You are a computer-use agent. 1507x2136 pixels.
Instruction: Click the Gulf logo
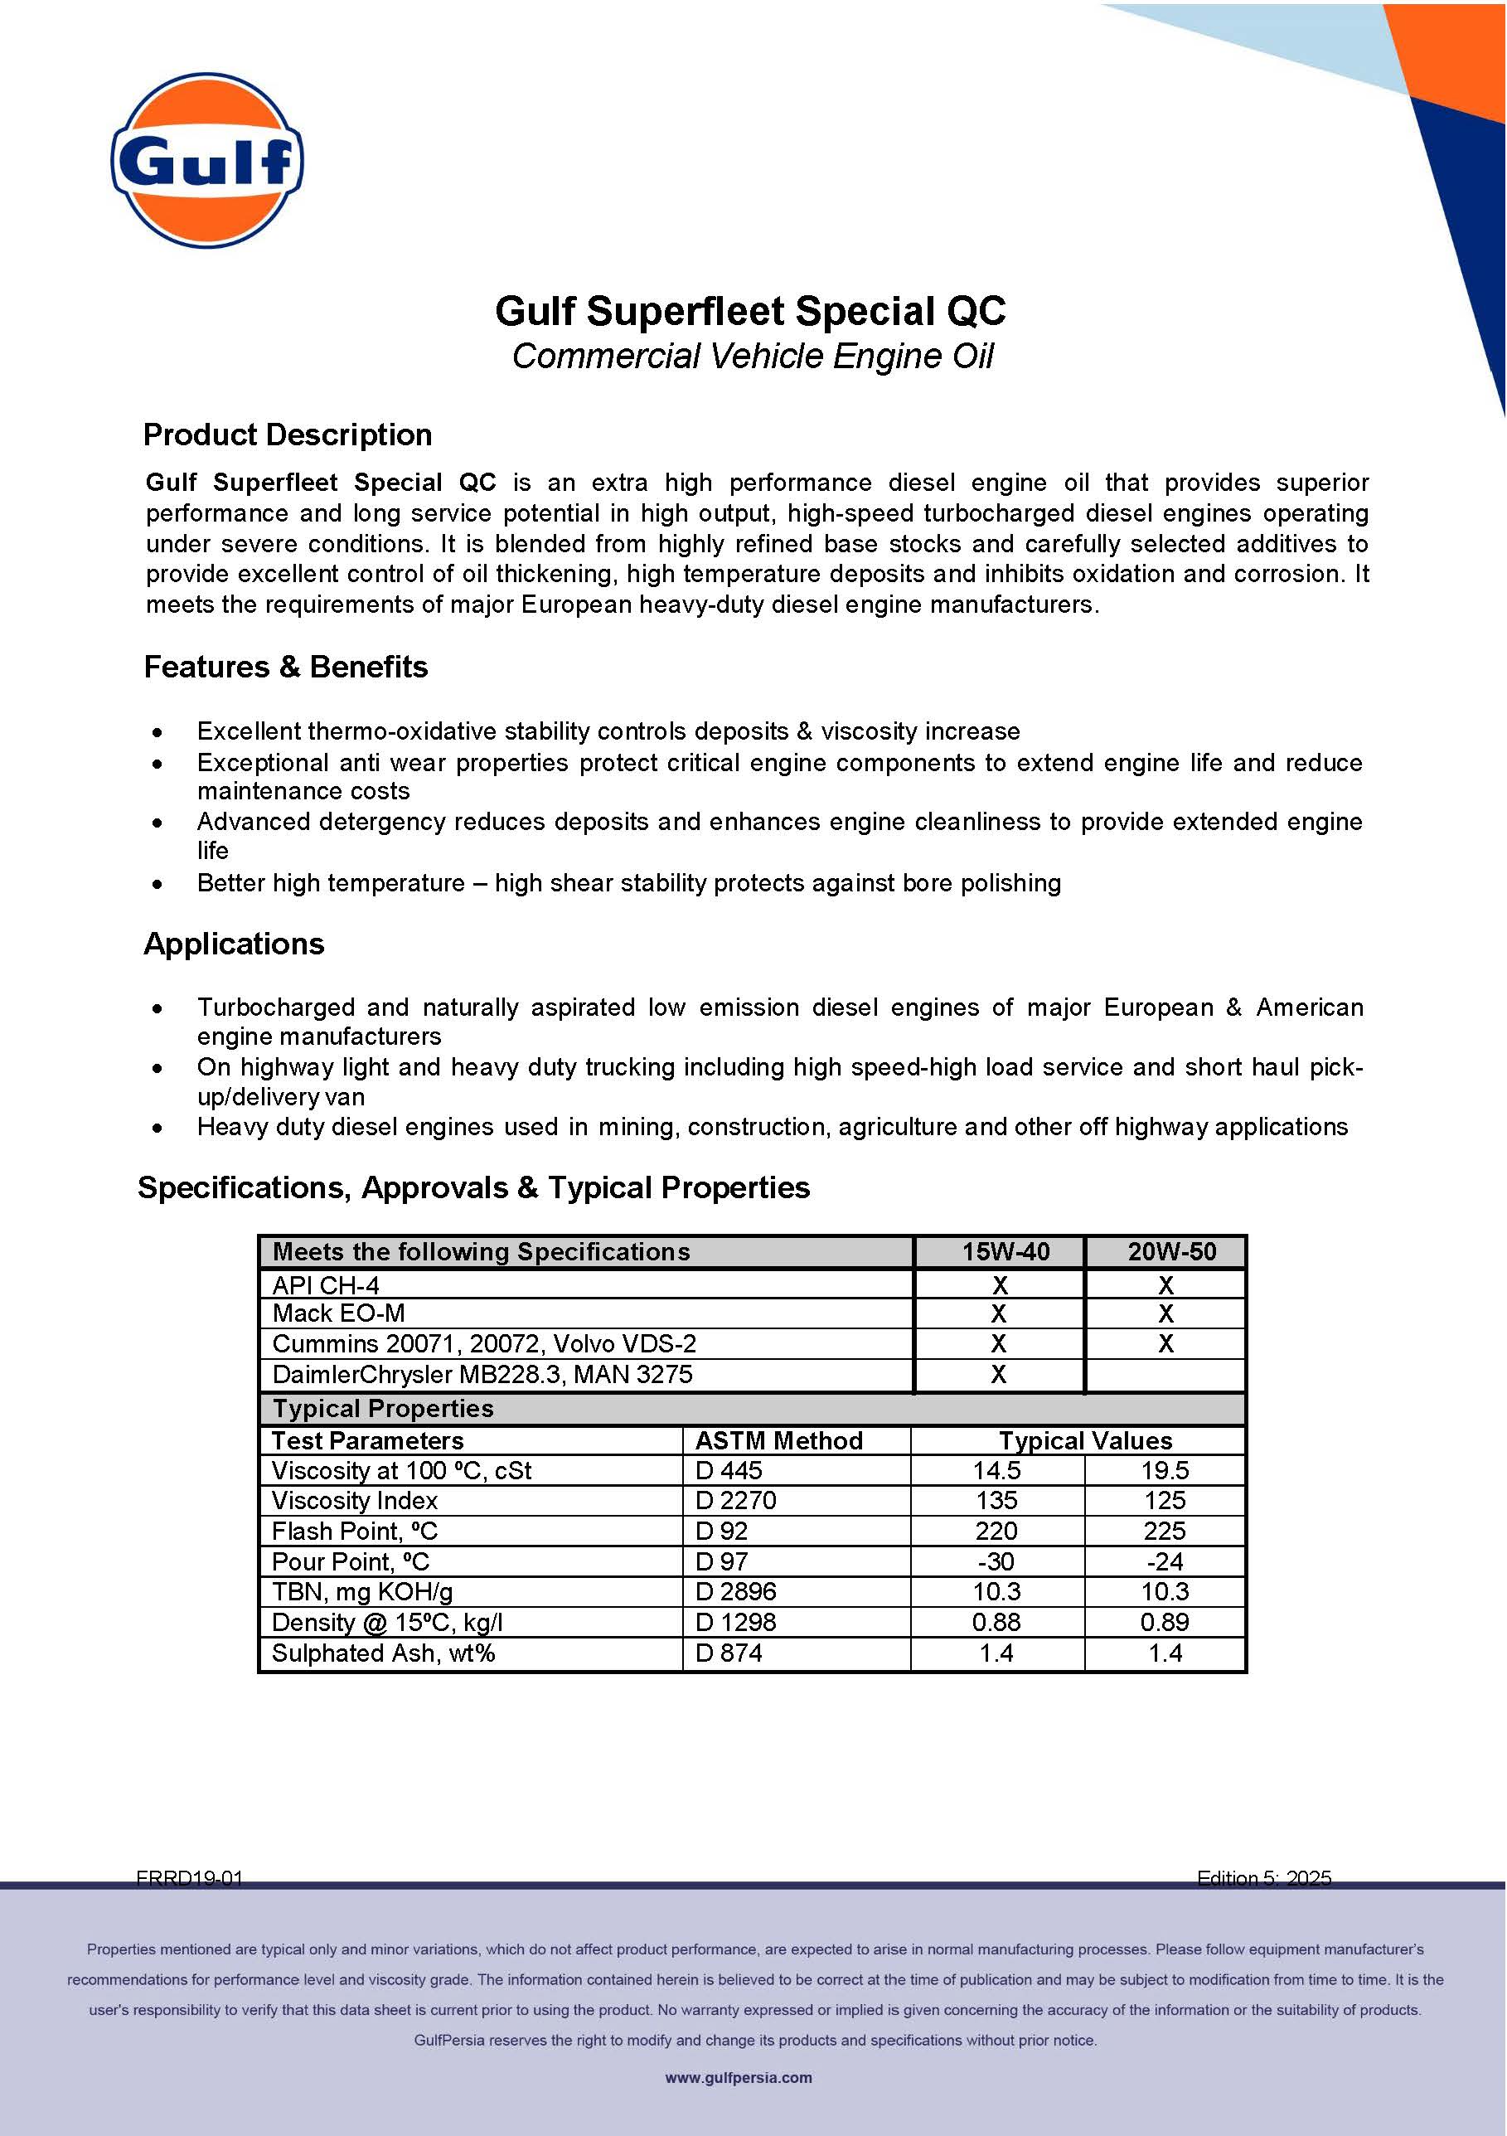click(206, 160)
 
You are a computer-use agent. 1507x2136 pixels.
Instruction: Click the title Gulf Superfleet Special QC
click(750, 311)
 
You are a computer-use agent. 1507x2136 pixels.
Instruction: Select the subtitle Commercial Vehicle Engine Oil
click(753, 357)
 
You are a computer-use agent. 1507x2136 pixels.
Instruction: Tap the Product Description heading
click(288, 434)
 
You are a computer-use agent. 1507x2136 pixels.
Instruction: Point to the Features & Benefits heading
click(286, 667)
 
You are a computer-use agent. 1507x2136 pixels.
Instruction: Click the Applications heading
click(234, 944)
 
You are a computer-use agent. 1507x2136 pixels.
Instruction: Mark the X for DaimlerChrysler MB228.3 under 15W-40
click(999, 1374)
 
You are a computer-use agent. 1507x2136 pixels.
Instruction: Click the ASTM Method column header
click(778, 1440)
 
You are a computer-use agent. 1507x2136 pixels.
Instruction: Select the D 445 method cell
click(729, 1470)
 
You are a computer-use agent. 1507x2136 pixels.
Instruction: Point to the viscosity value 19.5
click(1165, 1470)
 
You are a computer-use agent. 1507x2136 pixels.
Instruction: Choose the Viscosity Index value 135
click(996, 1500)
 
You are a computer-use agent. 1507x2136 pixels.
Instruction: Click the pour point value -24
click(1165, 1561)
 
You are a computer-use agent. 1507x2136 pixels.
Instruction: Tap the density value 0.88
click(996, 1622)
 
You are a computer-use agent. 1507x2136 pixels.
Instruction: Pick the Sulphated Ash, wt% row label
click(383, 1653)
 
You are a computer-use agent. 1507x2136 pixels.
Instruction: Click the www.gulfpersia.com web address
click(739, 2077)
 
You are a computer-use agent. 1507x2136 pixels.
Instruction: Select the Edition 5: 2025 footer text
click(1263, 1878)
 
